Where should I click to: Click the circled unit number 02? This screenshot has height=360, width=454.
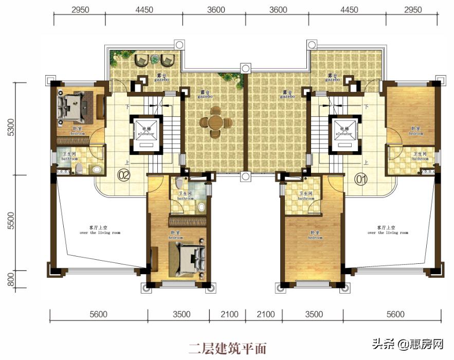click(123, 175)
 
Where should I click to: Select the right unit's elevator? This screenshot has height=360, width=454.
click(343, 133)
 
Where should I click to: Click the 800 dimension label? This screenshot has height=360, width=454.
click(10, 281)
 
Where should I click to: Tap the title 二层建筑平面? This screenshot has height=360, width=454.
click(227, 348)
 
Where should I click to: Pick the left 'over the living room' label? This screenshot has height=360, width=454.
click(100, 230)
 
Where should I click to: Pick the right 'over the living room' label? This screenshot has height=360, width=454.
click(388, 230)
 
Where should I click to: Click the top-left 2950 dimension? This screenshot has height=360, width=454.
click(80, 10)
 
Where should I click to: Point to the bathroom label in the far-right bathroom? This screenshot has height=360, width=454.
click(420, 156)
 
